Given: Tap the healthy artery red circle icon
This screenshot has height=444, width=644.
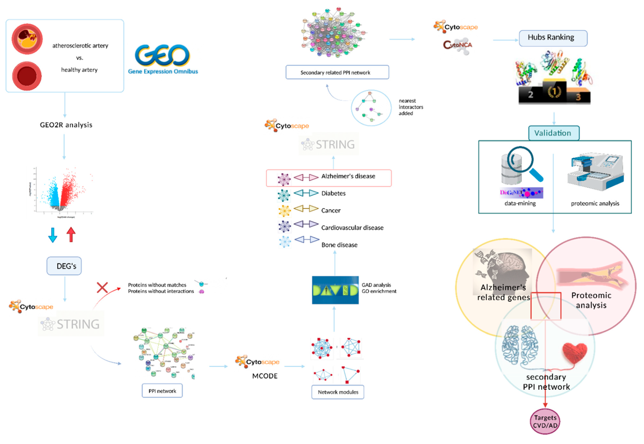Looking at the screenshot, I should [x=27, y=76].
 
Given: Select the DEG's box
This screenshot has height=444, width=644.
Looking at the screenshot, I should [x=64, y=266].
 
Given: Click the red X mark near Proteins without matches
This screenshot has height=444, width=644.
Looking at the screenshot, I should [x=102, y=287].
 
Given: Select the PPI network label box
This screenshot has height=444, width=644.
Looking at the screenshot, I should [x=162, y=391].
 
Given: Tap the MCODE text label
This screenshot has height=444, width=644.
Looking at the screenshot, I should [x=265, y=376].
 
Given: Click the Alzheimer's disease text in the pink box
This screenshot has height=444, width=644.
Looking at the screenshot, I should [x=348, y=176].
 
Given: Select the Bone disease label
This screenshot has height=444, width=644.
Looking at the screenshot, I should [x=339, y=245].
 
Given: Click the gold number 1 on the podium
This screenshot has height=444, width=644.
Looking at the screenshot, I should [x=554, y=91].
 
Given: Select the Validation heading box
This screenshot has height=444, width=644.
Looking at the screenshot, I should [x=554, y=133].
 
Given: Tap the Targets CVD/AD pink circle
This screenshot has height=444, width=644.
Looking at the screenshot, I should [x=545, y=421].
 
